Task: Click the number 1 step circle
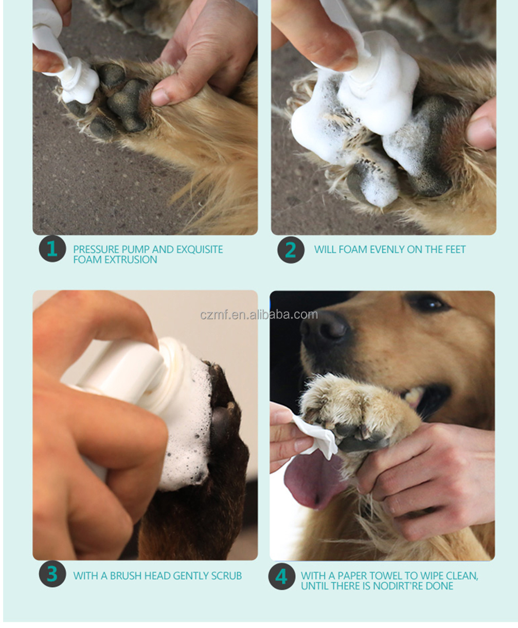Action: [52, 249]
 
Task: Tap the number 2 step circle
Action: [291, 249]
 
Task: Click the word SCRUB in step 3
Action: [226, 576]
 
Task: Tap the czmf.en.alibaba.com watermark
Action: [259, 315]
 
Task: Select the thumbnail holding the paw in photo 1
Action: [160, 96]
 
